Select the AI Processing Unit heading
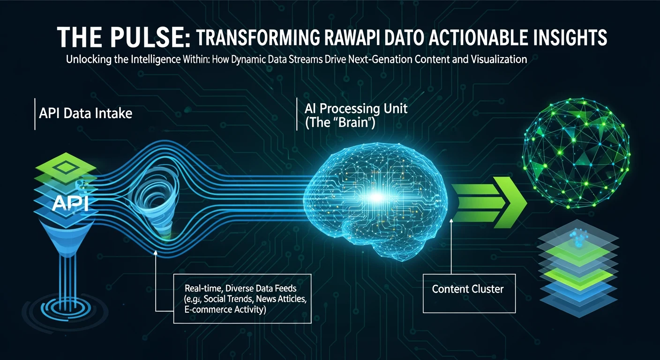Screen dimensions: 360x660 point(356,109)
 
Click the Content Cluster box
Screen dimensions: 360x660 point(467,289)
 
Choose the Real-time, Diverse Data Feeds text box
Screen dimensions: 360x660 point(242,298)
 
